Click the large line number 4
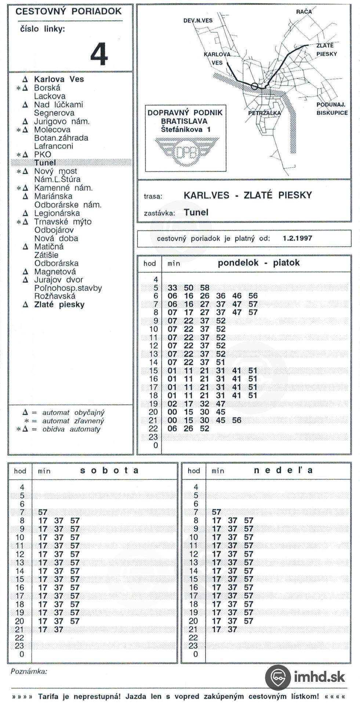coord(99,54)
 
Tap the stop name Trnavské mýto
coord(63,222)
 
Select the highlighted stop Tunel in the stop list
coord(45,163)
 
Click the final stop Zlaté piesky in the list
coord(59,305)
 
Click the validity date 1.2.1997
coord(297,238)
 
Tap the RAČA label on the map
coord(304,12)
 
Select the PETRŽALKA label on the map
coord(264,113)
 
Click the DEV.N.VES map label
coord(198,21)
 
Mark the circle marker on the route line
coord(254,87)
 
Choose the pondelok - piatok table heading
coord(259,263)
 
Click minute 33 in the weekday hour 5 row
coord(172,288)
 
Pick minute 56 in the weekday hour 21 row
coord(237,420)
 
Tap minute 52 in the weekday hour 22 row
coord(204,429)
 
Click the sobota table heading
coord(109,471)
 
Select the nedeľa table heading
coord(283,471)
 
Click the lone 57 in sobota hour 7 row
coord(43,512)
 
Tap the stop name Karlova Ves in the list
coord(59,79)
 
